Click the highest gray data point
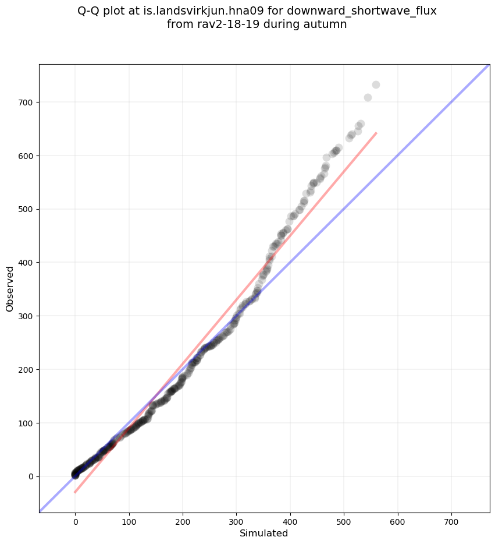(376, 85)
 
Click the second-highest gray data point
(368, 97)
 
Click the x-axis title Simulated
(264, 533)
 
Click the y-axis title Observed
(10, 289)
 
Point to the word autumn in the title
(327, 24)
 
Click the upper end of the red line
(376, 133)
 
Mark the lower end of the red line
(75, 493)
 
